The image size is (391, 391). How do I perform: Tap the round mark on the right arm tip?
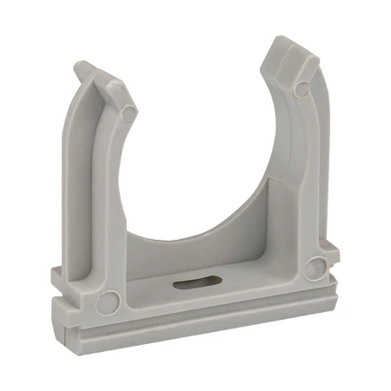302,88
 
